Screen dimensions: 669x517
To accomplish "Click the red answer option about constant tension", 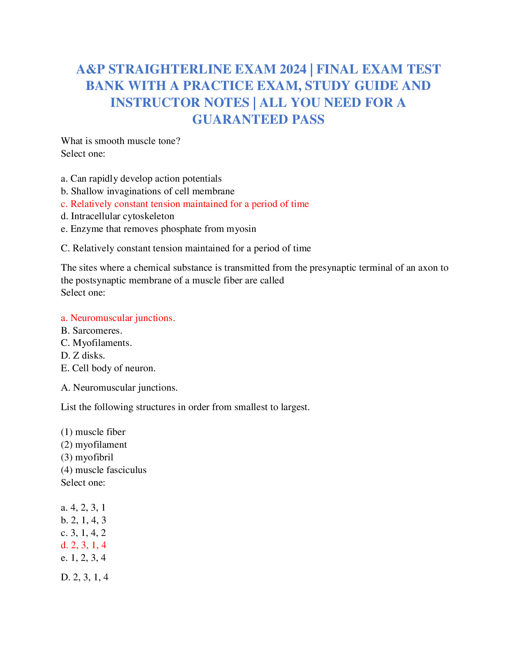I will [185, 204].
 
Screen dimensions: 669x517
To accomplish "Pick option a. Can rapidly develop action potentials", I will [141, 179].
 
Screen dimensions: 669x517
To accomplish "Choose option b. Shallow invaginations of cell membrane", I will [147, 191].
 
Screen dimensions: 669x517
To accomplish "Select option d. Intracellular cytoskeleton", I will [117, 216].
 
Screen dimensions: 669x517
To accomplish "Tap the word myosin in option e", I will [241, 229].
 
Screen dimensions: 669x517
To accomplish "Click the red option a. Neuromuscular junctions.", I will [118, 318].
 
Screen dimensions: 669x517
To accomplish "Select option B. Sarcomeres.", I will [91, 330].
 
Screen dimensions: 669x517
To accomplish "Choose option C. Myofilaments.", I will [96, 343].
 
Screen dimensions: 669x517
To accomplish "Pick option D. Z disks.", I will [83, 356].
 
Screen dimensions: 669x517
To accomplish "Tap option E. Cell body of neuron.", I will [108, 368].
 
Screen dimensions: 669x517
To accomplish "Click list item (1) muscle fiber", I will [93, 432].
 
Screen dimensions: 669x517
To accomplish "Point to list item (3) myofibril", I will [87, 457].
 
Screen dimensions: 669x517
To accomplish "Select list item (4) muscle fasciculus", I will [103, 470].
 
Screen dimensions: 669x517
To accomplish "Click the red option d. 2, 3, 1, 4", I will [83, 545].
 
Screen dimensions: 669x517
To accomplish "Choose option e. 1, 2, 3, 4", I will [83, 558].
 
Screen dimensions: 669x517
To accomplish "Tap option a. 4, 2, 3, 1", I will [83, 508].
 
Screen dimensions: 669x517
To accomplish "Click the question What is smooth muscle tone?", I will [120, 141].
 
